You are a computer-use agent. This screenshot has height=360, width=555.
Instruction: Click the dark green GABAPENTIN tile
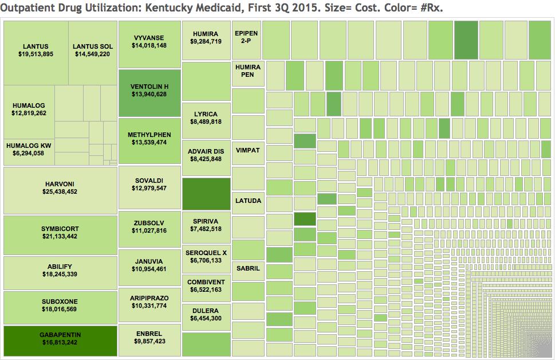click(x=60, y=339)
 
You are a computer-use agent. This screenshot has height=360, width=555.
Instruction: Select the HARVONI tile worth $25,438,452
click(x=60, y=189)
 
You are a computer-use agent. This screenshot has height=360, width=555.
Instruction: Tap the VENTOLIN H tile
click(x=149, y=91)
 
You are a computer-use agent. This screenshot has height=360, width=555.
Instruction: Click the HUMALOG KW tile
click(x=29, y=150)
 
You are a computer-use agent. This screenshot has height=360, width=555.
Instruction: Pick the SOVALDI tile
click(x=149, y=185)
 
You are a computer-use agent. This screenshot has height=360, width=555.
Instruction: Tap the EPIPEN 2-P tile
click(x=247, y=38)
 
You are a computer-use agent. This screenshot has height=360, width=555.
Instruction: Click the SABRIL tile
click(x=247, y=268)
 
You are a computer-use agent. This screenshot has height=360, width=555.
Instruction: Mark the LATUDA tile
click(x=247, y=201)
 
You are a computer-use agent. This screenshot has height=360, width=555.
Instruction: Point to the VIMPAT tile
click(x=247, y=151)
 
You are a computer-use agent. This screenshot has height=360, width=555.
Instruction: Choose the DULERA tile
click(x=206, y=315)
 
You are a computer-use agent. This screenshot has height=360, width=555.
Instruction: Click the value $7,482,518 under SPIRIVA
click(x=206, y=229)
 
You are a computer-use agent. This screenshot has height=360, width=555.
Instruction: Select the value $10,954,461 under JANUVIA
click(x=149, y=269)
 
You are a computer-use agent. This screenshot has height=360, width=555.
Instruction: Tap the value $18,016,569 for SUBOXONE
click(x=60, y=310)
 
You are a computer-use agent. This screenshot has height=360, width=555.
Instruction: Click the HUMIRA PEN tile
click(x=247, y=71)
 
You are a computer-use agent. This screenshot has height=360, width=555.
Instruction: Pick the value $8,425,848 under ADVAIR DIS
click(x=206, y=159)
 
